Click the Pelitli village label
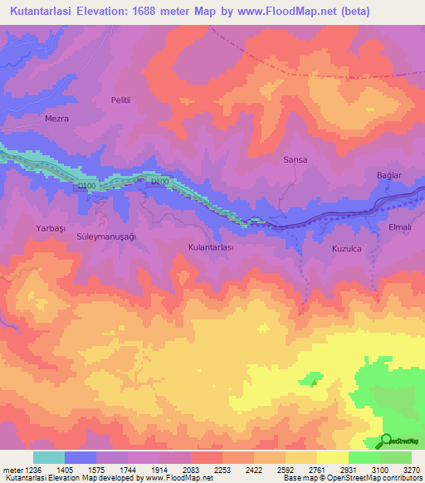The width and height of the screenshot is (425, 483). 121,100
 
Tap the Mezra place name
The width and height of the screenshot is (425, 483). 56,119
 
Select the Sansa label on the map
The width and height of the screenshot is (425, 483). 296,159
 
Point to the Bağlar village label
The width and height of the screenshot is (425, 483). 388,175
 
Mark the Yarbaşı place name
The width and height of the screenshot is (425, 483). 50,227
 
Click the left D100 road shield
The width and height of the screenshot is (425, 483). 88,186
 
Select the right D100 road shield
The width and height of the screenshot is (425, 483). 159,182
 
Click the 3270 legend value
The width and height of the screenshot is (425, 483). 412,470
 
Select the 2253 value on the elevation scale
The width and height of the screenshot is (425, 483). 223,470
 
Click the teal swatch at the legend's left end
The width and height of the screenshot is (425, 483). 48,457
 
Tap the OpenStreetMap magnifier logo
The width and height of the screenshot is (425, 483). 387,440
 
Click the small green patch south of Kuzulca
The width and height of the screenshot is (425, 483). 313,378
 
